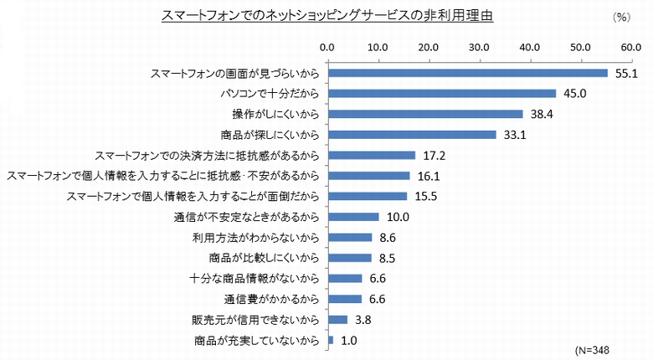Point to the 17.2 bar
[x=372, y=155]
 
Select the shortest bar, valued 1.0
[x=331, y=340]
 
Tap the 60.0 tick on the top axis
[x=631, y=46]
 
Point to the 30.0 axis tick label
[x=479, y=46]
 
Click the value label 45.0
[x=574, y=94]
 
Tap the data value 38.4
[x=541, y=114]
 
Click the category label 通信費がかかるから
[x=272, y=299]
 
